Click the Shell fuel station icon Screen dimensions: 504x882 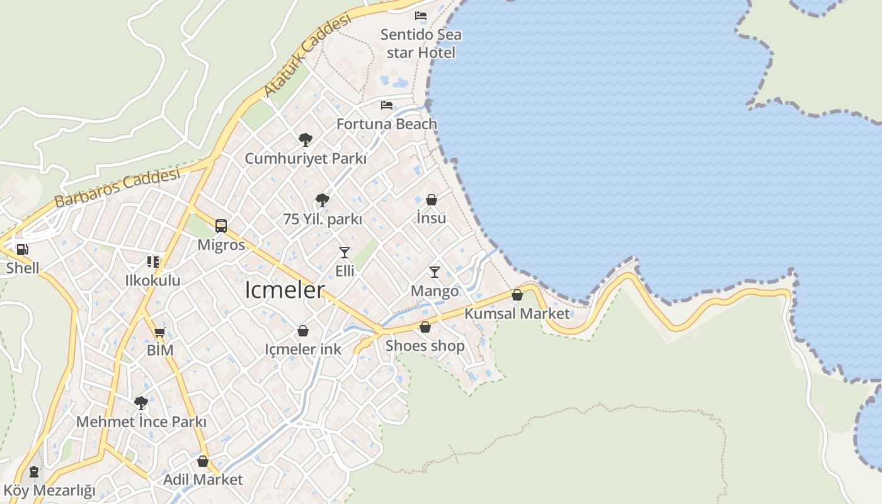pos(22,249)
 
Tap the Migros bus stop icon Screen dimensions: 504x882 pos(220,226)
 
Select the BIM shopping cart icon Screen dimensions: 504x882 pos(159,332)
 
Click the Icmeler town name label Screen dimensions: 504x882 pos(285,290)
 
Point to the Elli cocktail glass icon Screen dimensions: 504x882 pos(344,253)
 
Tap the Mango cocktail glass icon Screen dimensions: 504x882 pos(434,272)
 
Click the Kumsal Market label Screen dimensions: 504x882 pos(517,313)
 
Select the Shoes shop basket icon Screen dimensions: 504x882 pos(425,327)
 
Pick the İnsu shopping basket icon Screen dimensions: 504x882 pos(432,200)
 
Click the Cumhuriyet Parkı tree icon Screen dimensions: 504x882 pos(306,139)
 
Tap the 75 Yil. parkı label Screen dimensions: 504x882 pos(323,219)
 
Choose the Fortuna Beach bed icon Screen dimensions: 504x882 pos(386,105)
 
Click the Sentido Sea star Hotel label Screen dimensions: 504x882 pos(421,43)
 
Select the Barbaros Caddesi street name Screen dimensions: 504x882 pos(117,188)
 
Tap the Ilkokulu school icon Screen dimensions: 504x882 pos(153,261)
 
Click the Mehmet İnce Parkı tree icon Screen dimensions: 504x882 pos(141,403)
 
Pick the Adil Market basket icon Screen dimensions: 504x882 pos(202,461)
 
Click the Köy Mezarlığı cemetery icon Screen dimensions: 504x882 pos(33,471)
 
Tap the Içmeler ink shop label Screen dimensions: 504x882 pos(302,349)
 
